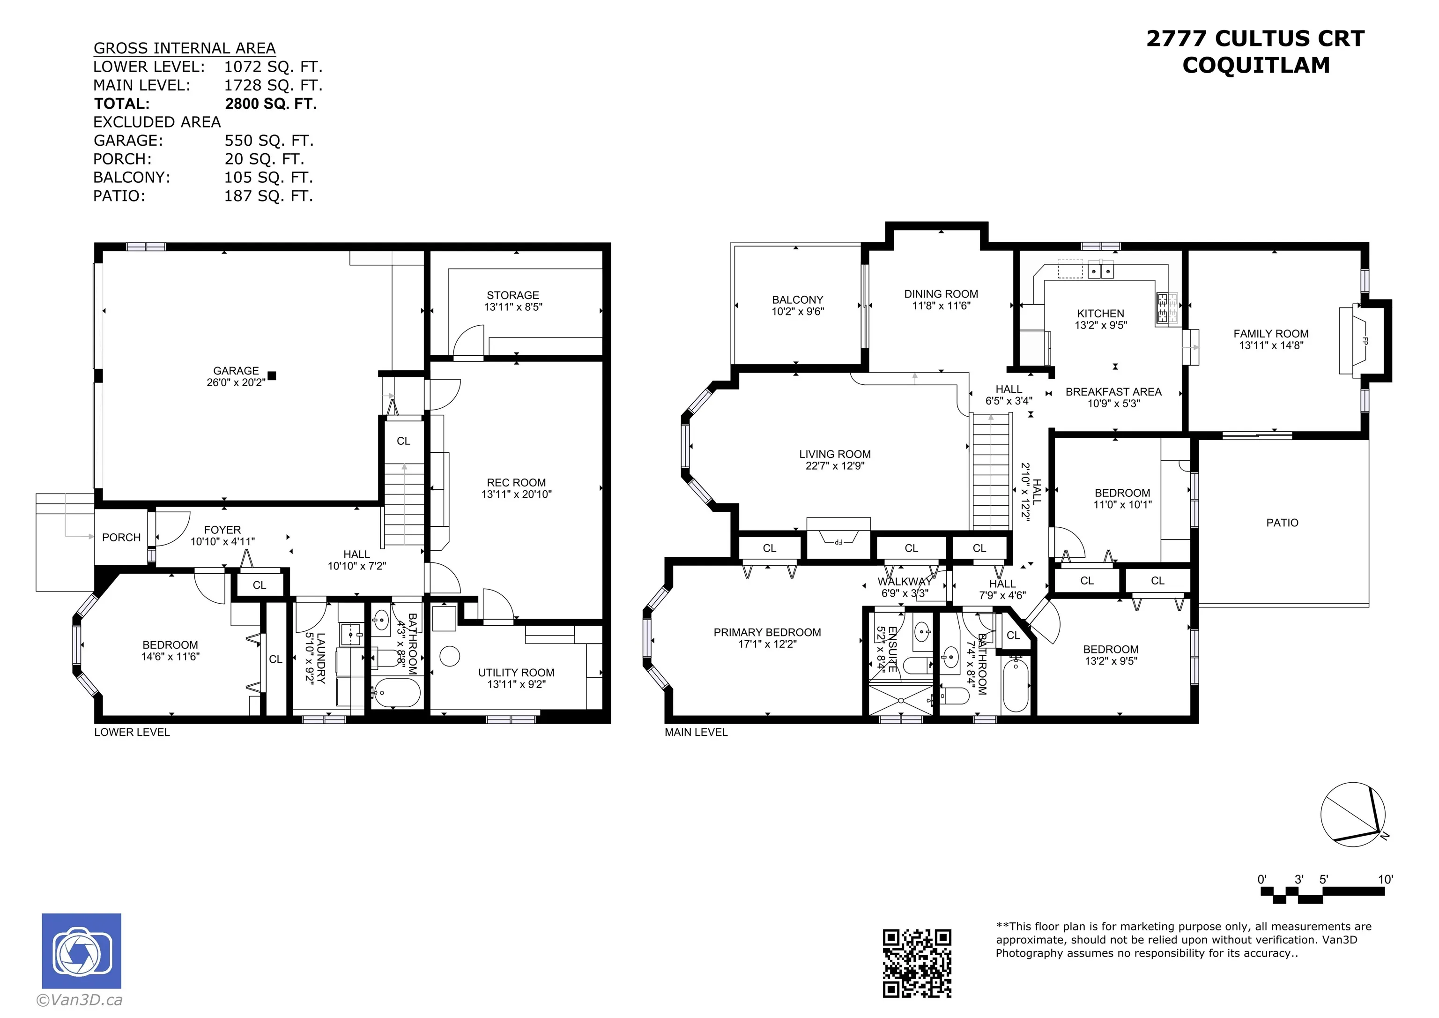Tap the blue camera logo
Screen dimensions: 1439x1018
pos(82,951)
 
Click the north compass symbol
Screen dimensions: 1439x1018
pos(1354,814)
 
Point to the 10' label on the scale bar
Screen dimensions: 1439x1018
pos(1385,879)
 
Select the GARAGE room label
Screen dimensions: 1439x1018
pos(236,371)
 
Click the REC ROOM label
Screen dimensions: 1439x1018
pos(516,482)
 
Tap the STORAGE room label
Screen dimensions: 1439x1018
pos(512,295)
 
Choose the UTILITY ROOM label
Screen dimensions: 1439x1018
pos(516,673)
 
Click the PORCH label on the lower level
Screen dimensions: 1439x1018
pos(122,538)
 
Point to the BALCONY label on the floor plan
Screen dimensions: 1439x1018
pos(797,300)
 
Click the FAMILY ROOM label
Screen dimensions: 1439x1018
pos(1271,334)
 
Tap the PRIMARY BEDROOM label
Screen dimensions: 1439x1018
pos(767,632)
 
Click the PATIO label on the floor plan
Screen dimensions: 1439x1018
pos(1283,523)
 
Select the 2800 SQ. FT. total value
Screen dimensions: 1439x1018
pos(271,104)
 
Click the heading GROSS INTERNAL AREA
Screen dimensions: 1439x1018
pos(184,48)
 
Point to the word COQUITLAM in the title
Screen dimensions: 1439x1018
pos(1256,65)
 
